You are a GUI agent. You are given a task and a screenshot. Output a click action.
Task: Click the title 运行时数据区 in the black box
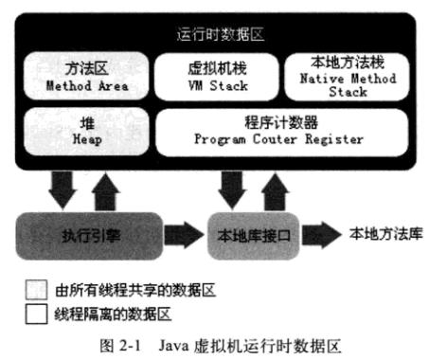[219, 33]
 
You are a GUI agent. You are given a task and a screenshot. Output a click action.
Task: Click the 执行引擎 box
[91, 233]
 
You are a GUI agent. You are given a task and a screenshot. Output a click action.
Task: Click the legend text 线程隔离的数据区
[105, 311]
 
